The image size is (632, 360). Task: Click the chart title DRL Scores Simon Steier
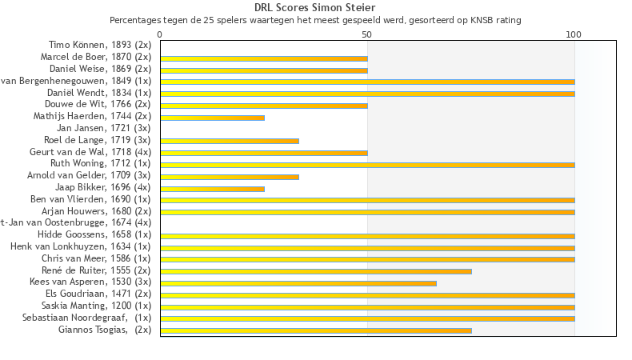point(315,8)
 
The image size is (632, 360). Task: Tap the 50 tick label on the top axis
point(367,35)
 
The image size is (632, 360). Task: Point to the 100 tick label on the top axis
point(574,35)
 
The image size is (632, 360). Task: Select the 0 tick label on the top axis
point(160,35)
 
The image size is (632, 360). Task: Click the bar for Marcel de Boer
point(264,58)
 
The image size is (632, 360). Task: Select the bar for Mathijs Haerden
point(212,118)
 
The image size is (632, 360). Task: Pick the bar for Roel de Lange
point(230,141)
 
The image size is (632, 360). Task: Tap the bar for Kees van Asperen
point(298,282)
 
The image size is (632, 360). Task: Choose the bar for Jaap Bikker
point(212,188)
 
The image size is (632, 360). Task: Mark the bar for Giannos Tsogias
point(316,330)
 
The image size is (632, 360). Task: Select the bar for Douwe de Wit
point(264,106)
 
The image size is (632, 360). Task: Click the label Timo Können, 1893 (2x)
point(100,46)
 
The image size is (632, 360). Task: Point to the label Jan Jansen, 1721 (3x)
point(104,128)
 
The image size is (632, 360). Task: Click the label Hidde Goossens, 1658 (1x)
point(94,234)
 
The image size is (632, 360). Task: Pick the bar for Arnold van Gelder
point(230,176)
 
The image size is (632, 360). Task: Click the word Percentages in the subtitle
point(134,19)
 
